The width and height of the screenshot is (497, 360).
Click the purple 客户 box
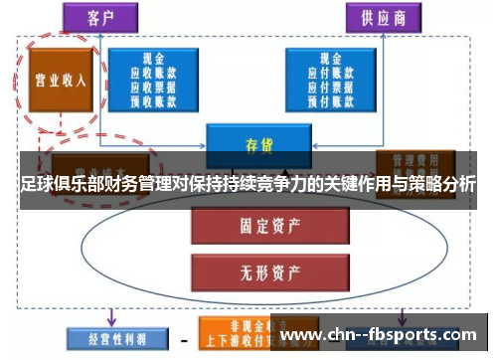click(98, 18)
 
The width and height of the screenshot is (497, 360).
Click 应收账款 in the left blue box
click(155, 73)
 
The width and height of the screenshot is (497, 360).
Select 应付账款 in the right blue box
click(332, 73)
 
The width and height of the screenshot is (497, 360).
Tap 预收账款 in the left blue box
click(155, 98)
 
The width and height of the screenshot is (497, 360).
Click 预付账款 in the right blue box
click(332, 98)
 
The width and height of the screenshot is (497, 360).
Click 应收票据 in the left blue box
click(155, 86)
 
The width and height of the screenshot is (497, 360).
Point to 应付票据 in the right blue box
click(332, 86)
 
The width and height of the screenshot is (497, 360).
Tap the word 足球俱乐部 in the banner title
click(56, 184)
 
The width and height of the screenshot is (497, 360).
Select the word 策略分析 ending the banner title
click(437, 184)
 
